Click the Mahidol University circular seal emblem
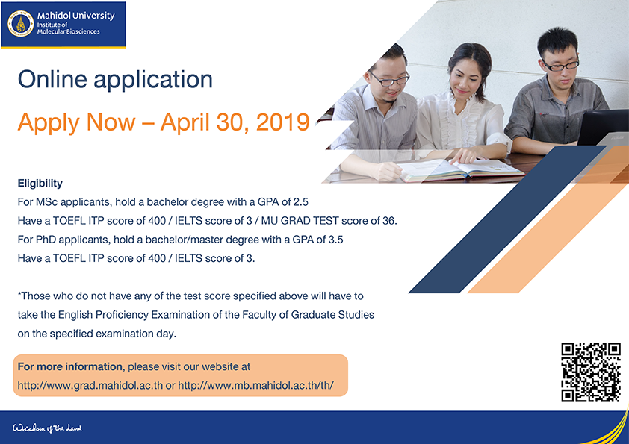click(20, 24)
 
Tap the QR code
click(591, 372)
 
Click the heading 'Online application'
click(115, 79)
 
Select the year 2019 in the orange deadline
click(283, 122)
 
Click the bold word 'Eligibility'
click(40, 184)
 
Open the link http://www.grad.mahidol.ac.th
click(90, 386)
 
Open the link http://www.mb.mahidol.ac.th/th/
click(256, 386)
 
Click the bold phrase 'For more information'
click(69, 366)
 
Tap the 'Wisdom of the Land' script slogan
click(47, 428)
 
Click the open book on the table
click(462, 169)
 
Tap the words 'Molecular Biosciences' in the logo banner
click(69, 31)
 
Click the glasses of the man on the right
click(561, 65)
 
